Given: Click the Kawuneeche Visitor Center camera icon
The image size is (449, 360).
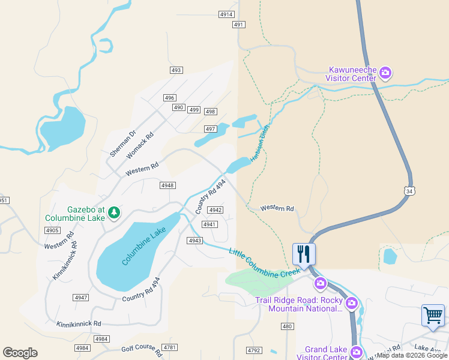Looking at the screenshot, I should (385, 74).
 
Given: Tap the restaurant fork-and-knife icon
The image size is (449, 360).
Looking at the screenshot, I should (304, 253).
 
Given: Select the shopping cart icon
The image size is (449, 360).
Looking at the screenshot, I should (433, 316).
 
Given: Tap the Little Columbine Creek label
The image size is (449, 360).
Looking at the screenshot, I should (264, 263).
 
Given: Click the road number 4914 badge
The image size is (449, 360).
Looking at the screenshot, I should (226, 14).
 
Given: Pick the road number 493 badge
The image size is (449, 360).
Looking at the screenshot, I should (176, 70).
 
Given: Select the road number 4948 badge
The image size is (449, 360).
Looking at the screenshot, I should (167, 185).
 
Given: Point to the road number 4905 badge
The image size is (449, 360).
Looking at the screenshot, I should (52, 230).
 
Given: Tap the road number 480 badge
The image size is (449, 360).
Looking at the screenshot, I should (287, 326).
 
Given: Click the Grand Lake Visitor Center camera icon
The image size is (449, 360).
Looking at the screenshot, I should (357, 352).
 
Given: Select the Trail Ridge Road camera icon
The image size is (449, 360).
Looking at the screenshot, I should (352, 303).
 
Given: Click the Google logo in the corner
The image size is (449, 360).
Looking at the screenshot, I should (20, 353).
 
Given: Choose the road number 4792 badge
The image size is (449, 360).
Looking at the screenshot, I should (255, 350).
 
